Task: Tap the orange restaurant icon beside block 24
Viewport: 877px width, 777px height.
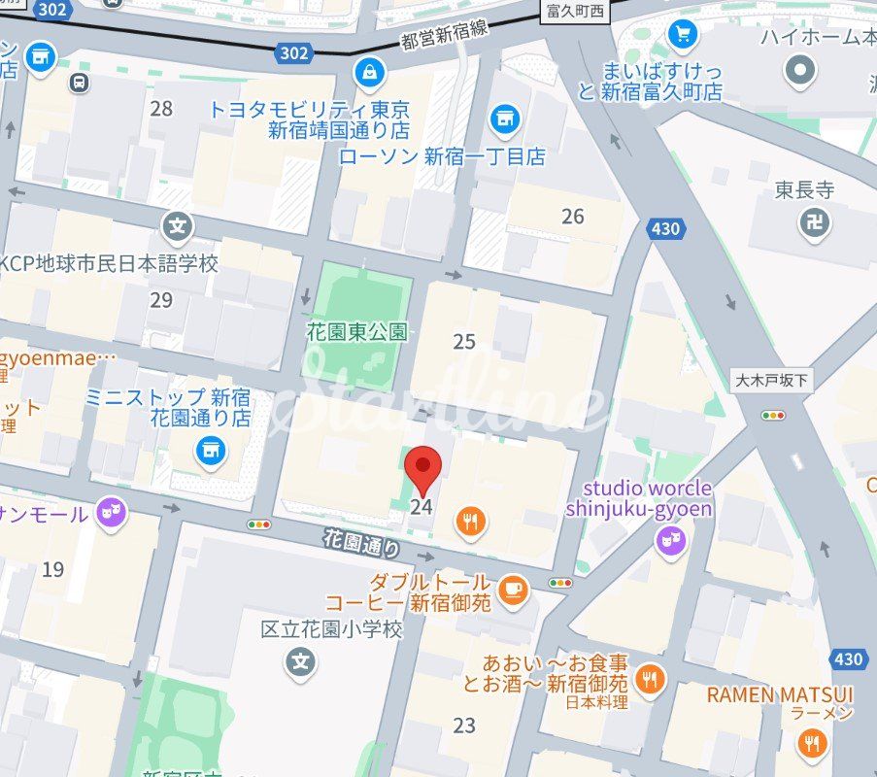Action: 471,522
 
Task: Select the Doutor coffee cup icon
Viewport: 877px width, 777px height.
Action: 513,589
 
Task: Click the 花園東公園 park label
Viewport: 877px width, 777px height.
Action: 356,331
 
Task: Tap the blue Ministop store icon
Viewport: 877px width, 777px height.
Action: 209,449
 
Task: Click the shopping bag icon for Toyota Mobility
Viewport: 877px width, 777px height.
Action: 369,71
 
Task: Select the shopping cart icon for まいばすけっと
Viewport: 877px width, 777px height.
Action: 683,34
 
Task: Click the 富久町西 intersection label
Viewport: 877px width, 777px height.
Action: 575,12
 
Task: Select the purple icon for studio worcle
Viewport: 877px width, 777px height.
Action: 670,542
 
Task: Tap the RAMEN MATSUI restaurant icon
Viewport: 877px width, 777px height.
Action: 811,745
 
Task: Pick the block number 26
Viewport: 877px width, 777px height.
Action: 573,216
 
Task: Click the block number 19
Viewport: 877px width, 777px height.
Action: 52,568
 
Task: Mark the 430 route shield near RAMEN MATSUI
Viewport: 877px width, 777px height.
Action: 848,659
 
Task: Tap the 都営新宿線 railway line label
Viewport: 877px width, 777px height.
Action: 444,38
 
